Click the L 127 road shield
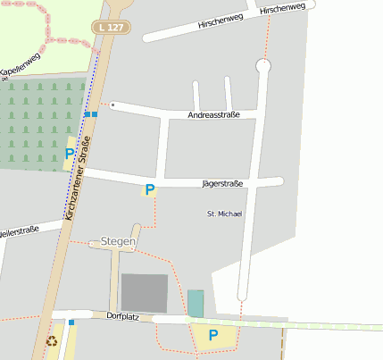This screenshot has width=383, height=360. [x=112, y=28]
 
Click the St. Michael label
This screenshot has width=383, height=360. [x=224, y=213]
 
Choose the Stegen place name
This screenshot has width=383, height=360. [x=118, y=241]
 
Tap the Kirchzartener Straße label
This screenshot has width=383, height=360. [x=79, y=179]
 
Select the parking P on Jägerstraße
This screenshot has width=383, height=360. [x=150, y=189]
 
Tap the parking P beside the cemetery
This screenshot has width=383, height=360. [x=70, y=155]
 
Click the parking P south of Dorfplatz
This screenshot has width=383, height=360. [x=212, y=336]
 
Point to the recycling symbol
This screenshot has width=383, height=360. [x=52, y=340]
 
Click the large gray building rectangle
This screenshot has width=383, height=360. [x=144, y=293]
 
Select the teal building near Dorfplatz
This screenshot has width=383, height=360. [x=196, y=303]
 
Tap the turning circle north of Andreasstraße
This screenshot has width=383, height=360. [x=262, y=65]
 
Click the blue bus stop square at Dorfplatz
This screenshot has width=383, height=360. [x=71, y=322]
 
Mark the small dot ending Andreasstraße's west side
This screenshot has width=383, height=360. [x=113, y=105]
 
